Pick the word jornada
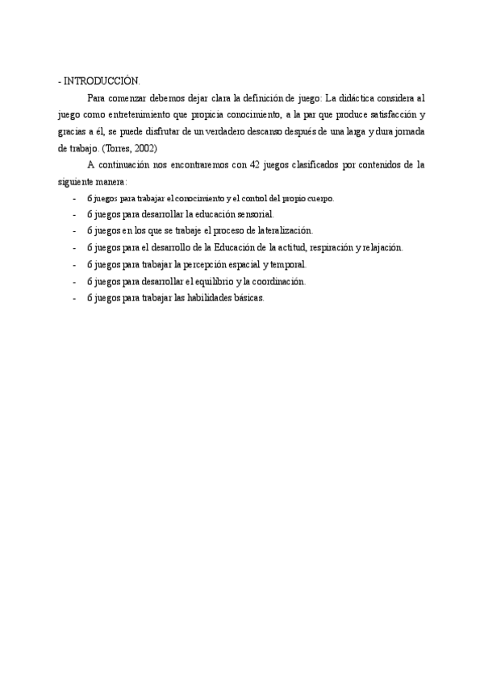[x=408, y=131]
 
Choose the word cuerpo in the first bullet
[x=315, y=198]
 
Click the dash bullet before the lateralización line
[x=74, y=230]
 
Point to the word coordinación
[x=278, y=281]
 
